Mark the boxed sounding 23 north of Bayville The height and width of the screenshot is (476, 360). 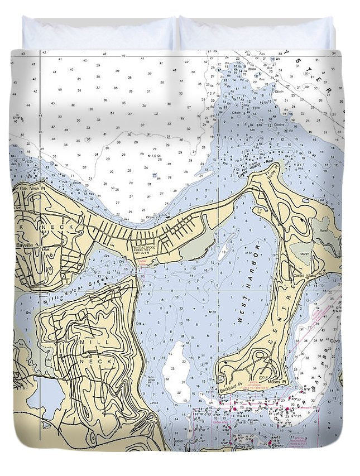pos(155,175)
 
